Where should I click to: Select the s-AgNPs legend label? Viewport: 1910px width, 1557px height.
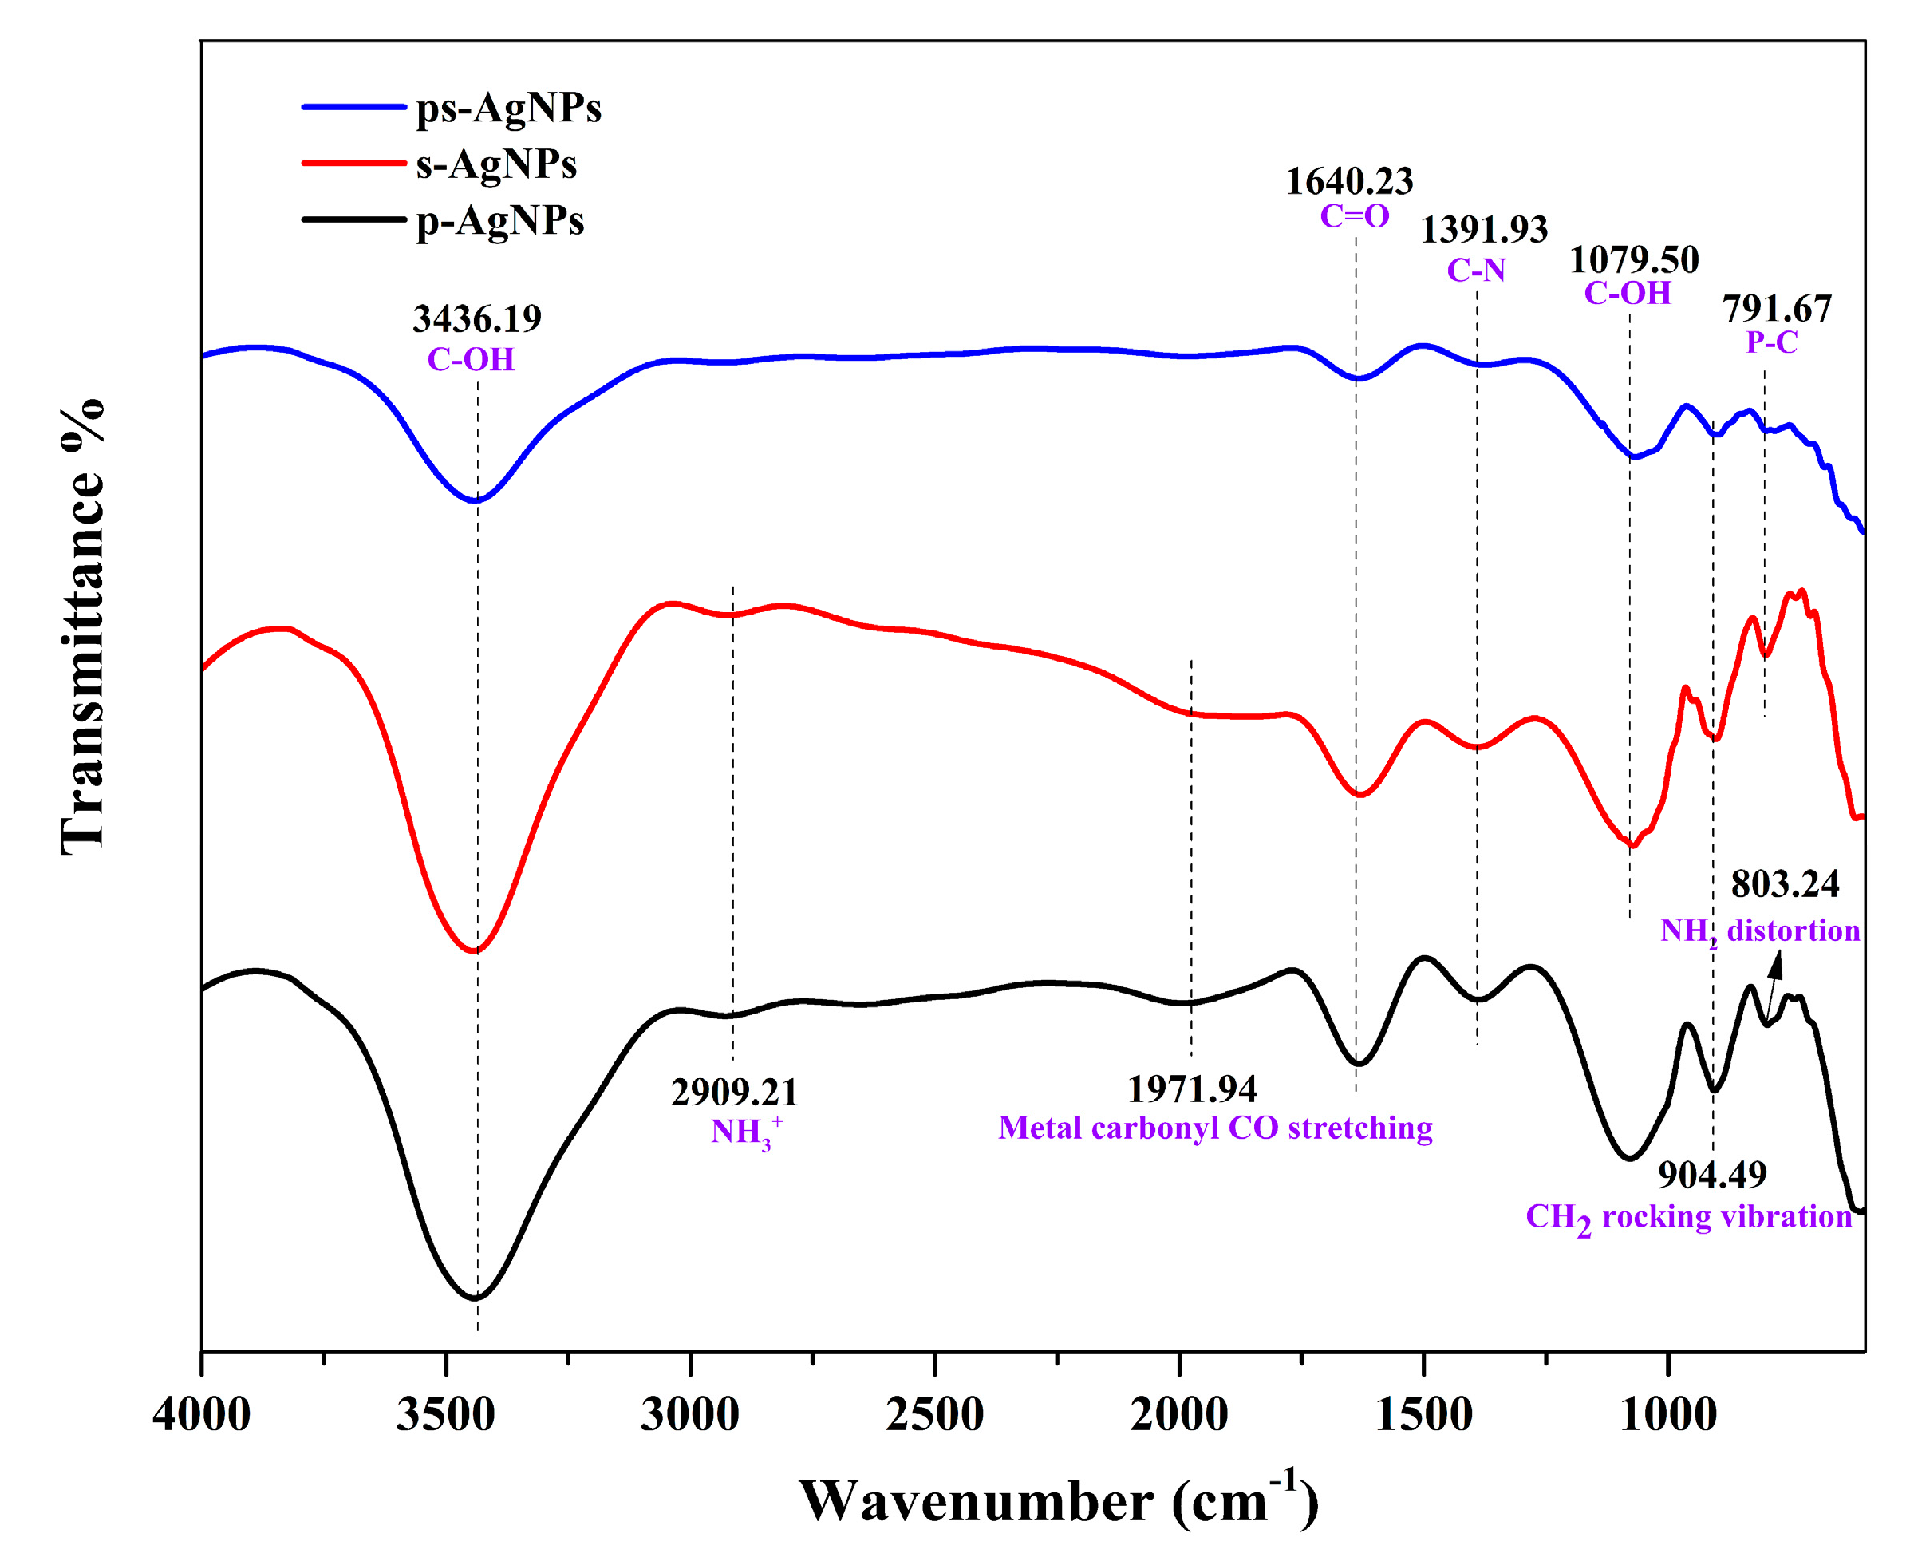click(x=496, y=164)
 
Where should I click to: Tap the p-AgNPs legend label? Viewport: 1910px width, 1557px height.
click(x=499, y=220)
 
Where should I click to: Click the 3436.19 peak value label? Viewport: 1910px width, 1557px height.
click(x=476, y=319)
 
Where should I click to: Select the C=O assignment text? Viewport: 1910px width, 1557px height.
click(x=1354, y=216)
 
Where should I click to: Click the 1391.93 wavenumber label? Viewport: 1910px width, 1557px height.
click(x=1483, y=231)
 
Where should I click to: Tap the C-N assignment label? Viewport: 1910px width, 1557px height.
click(x=1475, y=270)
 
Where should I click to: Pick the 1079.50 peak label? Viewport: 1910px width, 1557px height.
click(x=1633, y=261)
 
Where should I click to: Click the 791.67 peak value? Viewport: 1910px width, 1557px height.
click(x=1777, y=310)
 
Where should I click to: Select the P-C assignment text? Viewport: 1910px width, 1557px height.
click(x=1771, y=342)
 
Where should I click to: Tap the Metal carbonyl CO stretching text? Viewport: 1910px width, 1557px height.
click(x=1214, y=1128)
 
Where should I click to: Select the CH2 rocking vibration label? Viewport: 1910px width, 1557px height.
click(x=1688, y=1218)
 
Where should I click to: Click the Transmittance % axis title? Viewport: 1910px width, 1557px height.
click(x=82, y=628)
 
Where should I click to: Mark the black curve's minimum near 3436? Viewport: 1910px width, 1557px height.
click(x=476, y=1298)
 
